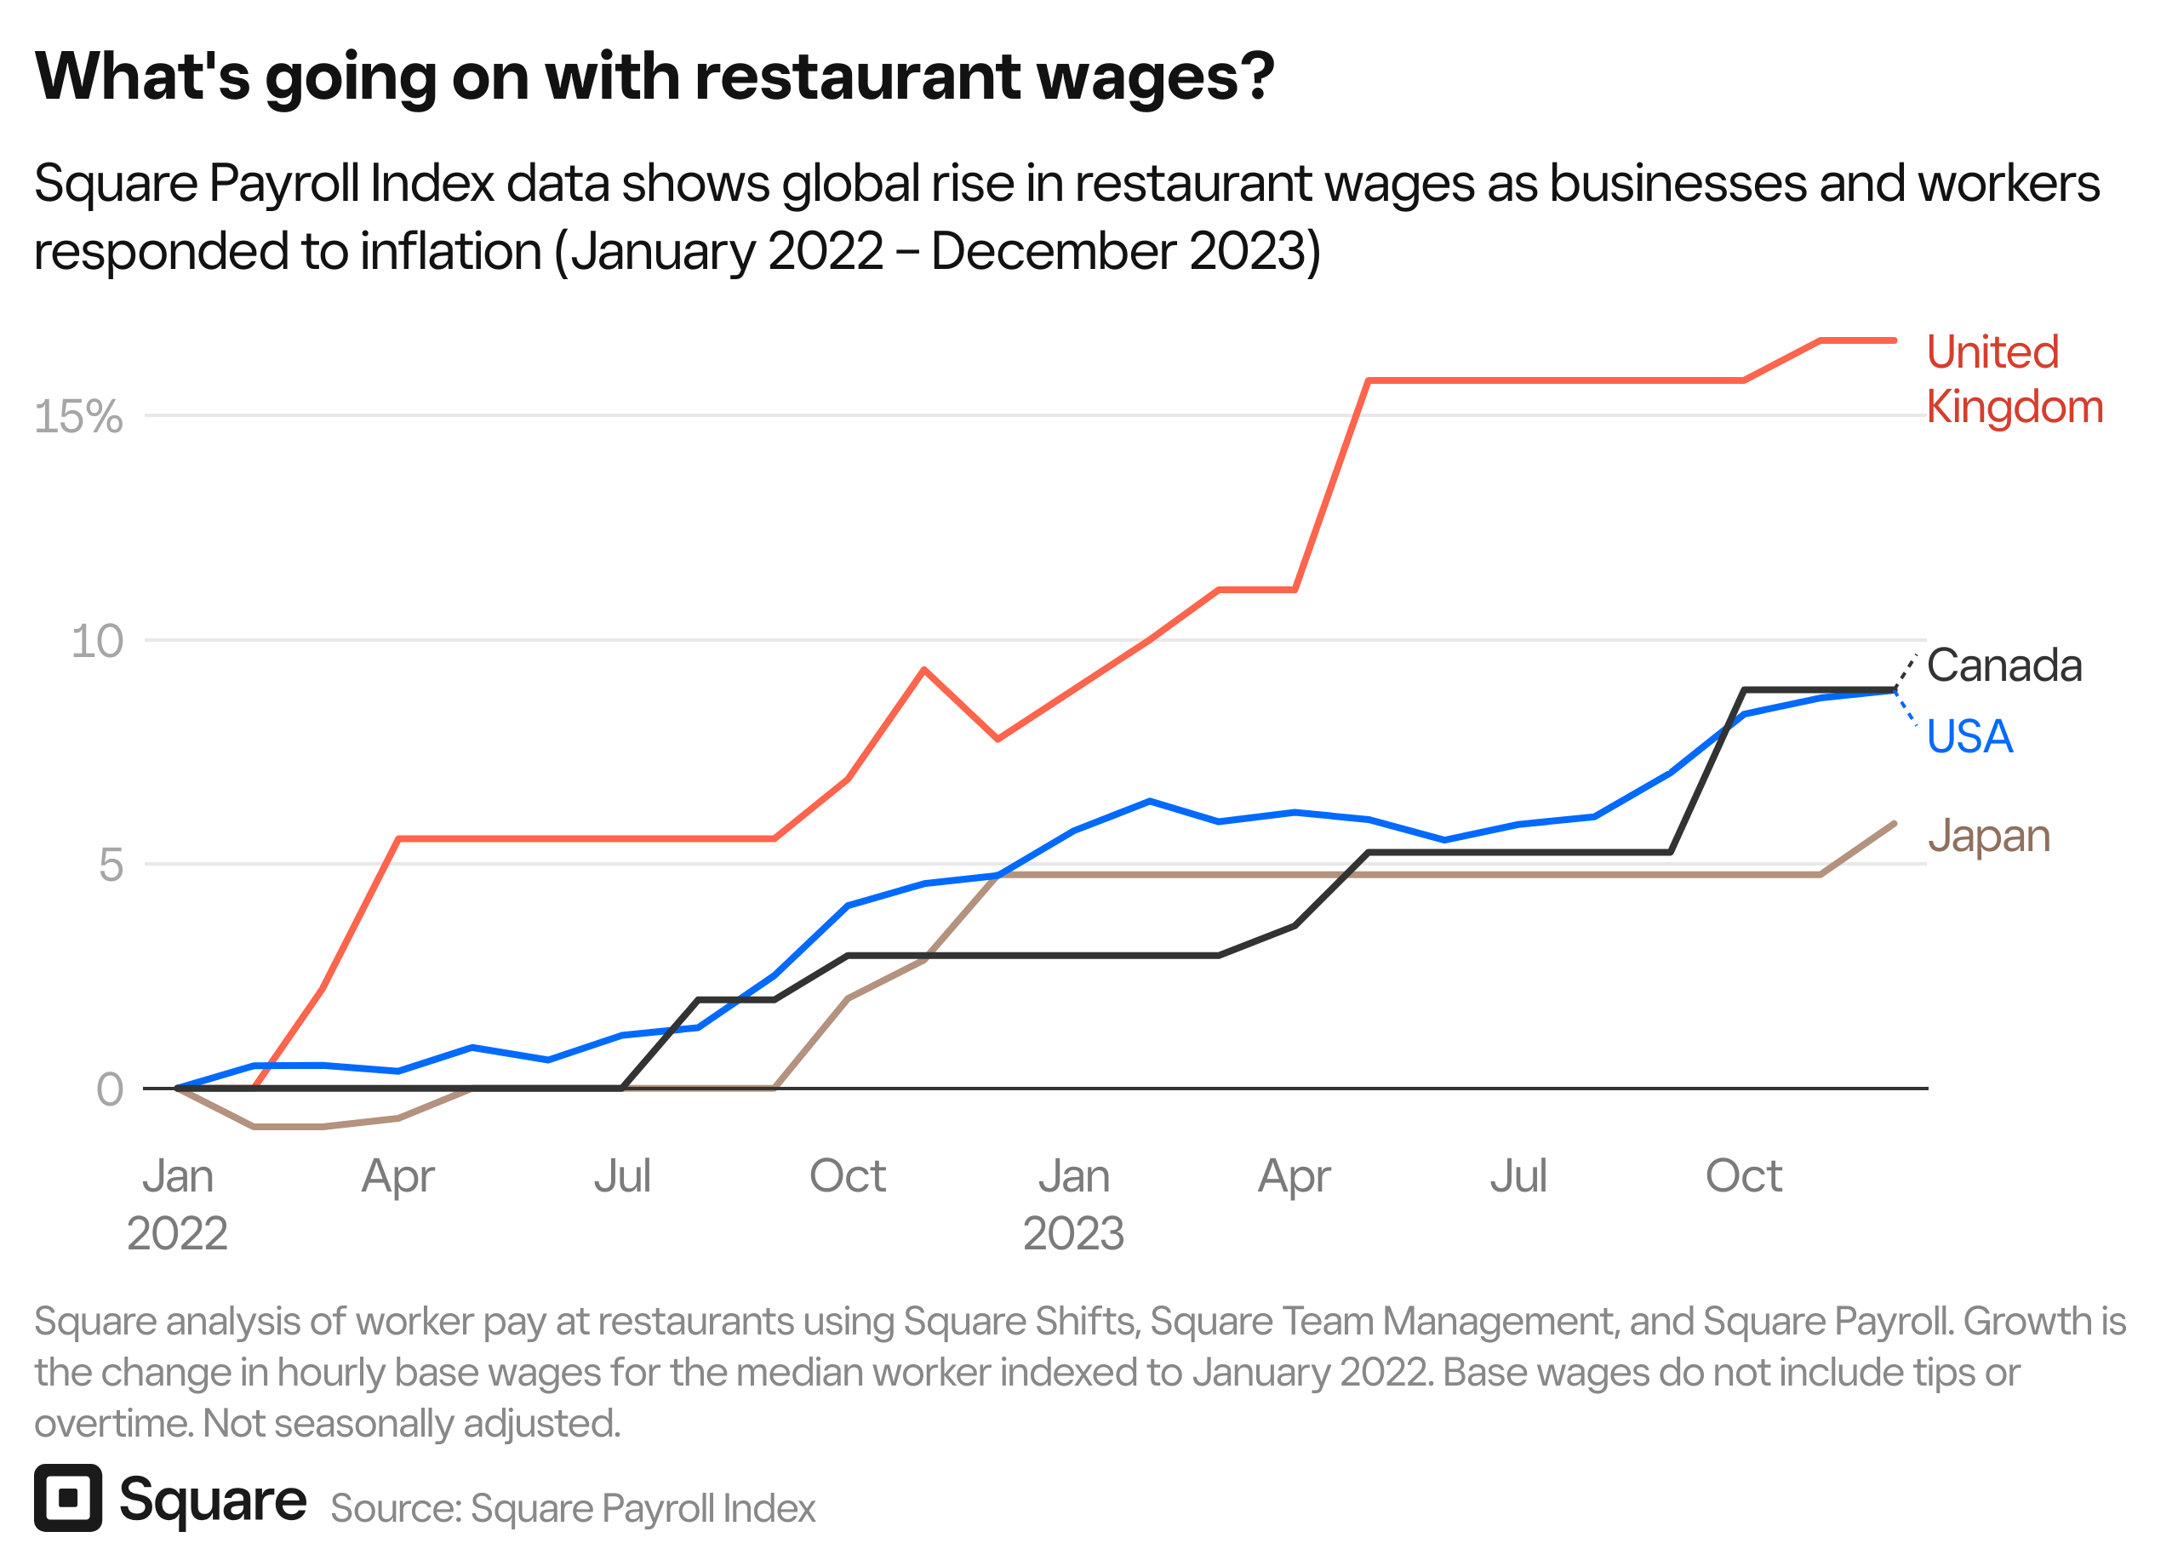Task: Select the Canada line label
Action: pyautogui.click(x=2003, y=666)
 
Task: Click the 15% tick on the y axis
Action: pyautogui.click(x=78, y=418)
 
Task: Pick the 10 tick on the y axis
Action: pyautogui.click(x=97, y=642)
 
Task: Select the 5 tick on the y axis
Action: pyautogui.click(x=111, y=866)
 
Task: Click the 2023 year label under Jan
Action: pyautogui.click(x=1072, y=1233)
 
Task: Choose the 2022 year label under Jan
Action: pyautogui.click(x=177, y=1233)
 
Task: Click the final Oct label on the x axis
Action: pyautogui.click(x=1743, y=1176)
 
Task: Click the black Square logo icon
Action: pyautogui.click(x=68, y=1499)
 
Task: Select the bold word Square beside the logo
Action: pyautogui.click(x=213, y=1500)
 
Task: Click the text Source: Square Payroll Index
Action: pyautogui.click(x=573, y=1508)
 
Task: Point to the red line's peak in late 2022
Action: pyautogui.click(x=924, y=671)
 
